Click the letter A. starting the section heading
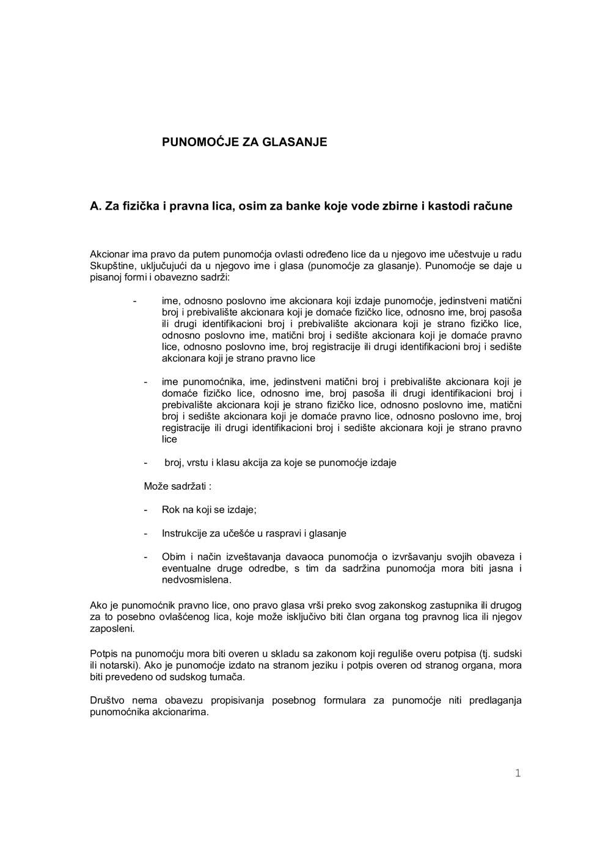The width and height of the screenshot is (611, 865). click(95, 207)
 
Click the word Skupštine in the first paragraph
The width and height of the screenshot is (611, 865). click(109, 266)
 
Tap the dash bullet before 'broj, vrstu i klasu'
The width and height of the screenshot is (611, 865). click(146, 463)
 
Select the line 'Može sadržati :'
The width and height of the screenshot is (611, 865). click(178, 487)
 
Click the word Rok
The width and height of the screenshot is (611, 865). click(170, 510)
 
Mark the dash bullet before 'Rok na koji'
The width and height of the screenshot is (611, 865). click(146, 510)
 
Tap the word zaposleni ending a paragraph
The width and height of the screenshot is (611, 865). click(112, 628)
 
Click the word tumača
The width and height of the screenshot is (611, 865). click(227, 677)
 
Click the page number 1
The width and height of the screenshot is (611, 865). click(518, 774)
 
